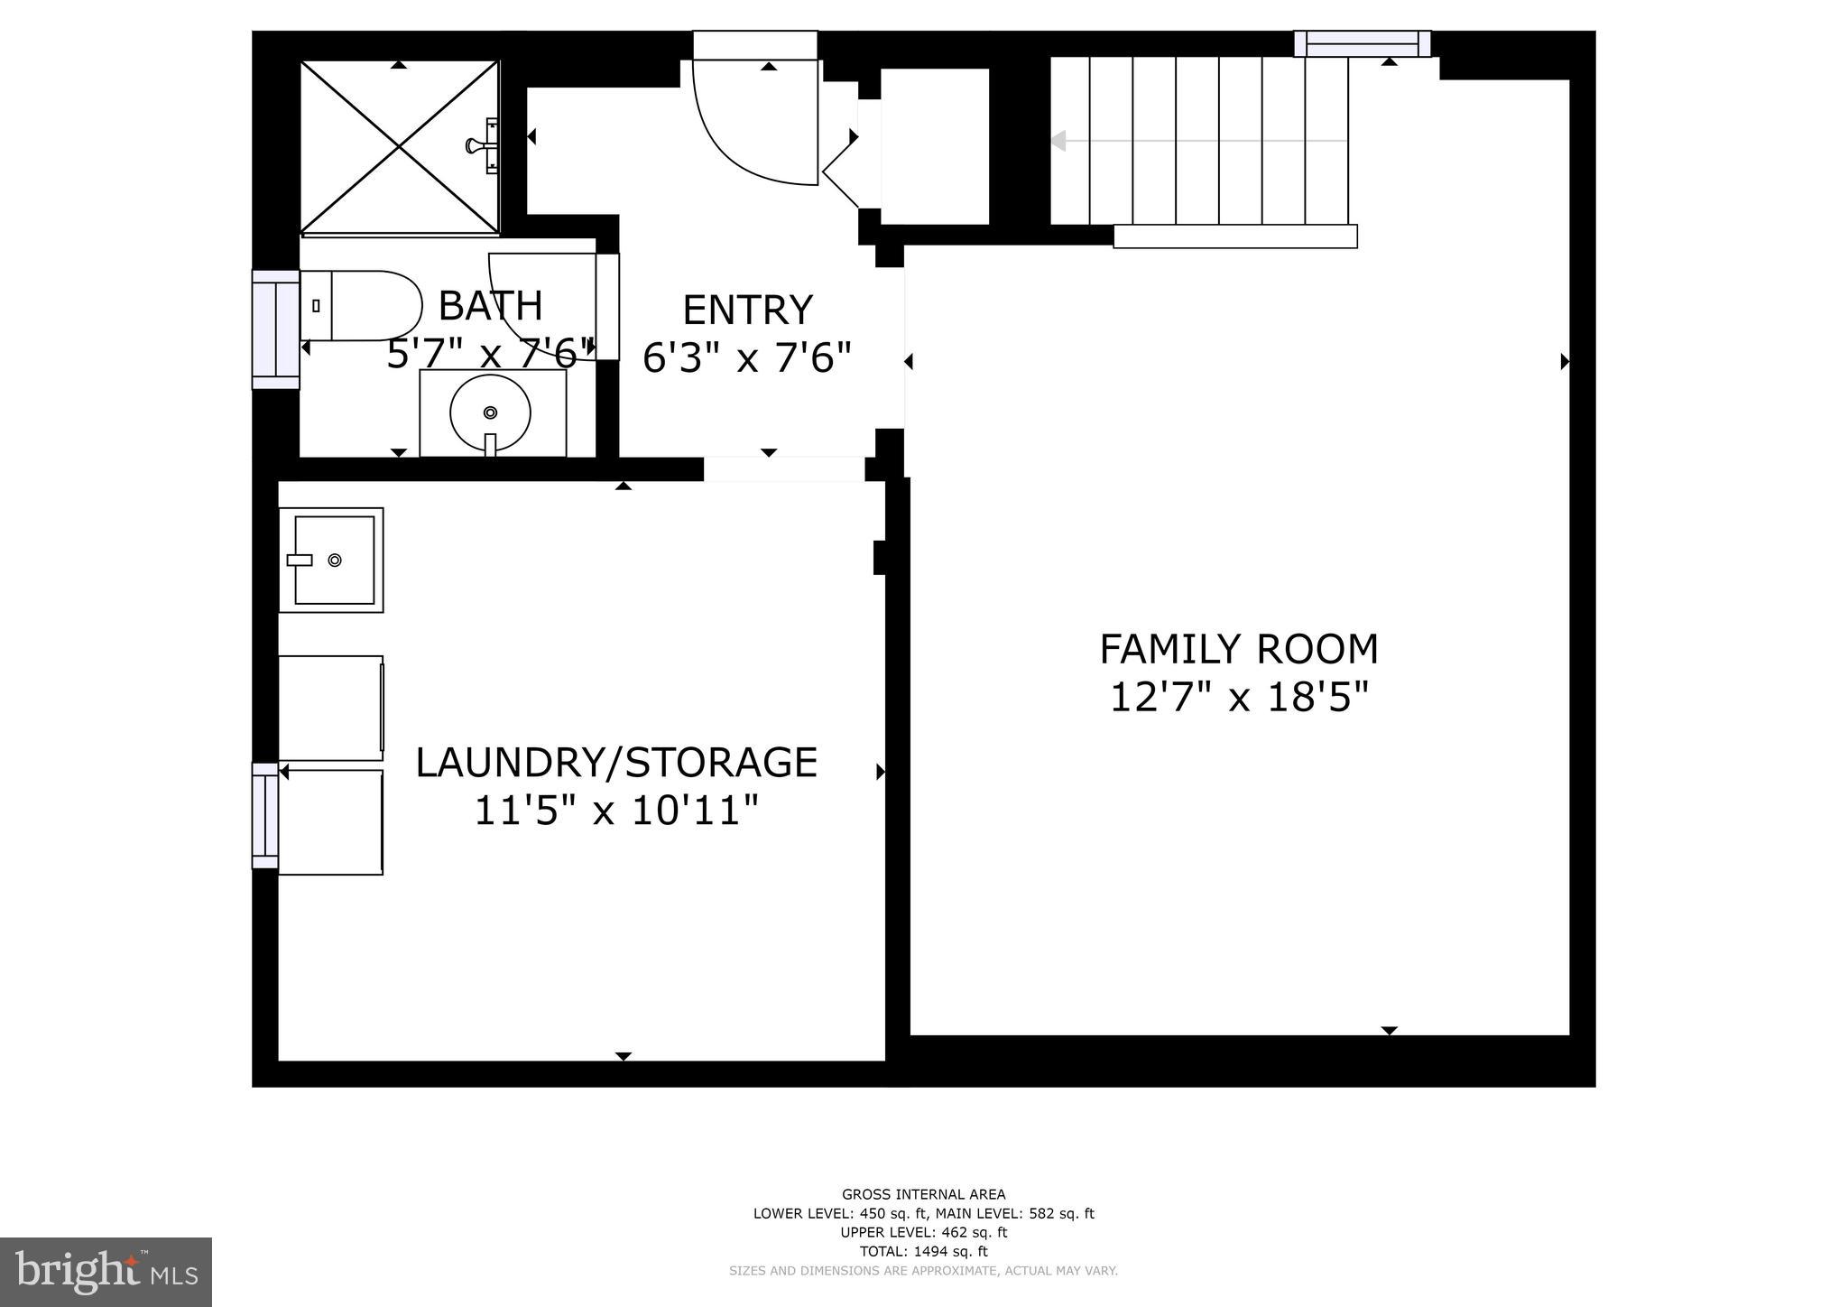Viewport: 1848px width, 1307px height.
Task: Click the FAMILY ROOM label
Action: click(1238, 649)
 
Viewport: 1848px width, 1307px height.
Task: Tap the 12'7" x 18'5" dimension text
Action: click(1238, 698)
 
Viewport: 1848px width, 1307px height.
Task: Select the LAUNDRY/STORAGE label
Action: click(616, 763)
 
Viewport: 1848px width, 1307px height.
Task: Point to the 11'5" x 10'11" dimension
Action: click(616, 811)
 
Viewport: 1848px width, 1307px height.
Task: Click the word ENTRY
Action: click(747, 311)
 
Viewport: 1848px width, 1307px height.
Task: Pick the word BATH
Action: click(490, 306)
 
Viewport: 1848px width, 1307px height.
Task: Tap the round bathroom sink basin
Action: click(490, 413)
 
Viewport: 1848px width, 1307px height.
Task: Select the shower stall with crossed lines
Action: click(399, 147)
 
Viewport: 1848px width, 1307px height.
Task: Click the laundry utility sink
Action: click(331, 560)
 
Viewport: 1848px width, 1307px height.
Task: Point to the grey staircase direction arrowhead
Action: click(1058, 141)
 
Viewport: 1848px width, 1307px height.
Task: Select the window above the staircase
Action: click(1362, 43)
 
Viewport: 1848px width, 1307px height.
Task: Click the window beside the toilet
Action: click(275, 329)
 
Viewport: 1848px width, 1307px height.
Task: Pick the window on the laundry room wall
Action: click(265, 816)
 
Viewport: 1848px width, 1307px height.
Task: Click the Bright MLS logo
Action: click(106, 1273)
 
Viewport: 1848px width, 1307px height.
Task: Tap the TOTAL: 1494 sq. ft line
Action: click(923, 1251)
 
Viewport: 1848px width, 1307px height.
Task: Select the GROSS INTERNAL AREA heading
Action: click(923, 1194)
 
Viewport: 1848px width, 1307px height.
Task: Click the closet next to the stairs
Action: click(935, 146)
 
